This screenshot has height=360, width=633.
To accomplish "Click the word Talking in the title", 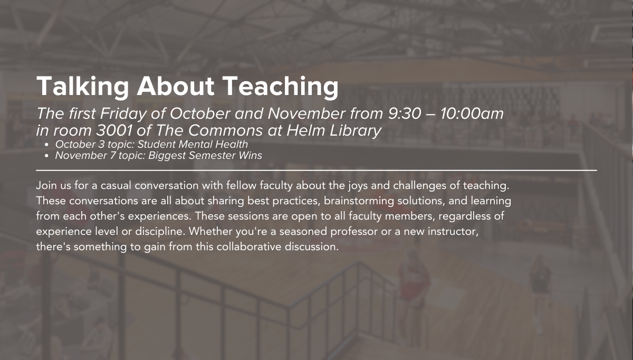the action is [x=82, y=87].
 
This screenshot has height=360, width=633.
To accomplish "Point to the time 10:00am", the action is [x=472, y=113].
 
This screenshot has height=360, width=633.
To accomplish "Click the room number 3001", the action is [x=114, y=131].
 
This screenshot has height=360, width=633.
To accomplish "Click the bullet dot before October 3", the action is [x=47, y=145].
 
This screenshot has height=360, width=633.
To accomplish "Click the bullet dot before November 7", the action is [x=47, y=156].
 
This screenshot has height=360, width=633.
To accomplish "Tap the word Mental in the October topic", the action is [x=195, y=145].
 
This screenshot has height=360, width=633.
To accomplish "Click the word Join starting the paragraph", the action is [x=46, y=185].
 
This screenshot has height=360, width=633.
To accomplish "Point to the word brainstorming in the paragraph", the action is [x=359, y=201].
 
